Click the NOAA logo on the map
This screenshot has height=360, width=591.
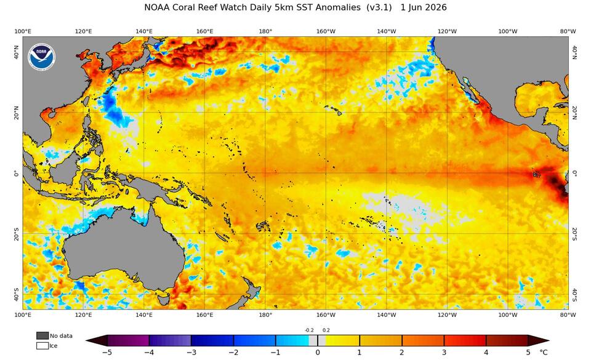coord(42,57)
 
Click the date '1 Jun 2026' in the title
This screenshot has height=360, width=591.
coord(424,7)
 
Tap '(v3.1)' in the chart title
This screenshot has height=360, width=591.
coord(379,7)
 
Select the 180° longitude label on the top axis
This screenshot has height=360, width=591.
coord(265,31)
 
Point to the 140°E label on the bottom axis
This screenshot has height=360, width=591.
coord(144,315)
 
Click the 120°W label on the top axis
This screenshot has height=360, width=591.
coord(447,31)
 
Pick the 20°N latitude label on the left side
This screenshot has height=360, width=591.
coord(16,112)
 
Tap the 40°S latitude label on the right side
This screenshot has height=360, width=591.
coord(574,295)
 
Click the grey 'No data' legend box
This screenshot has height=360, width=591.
coord(42,335)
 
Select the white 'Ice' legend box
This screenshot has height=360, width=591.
coord(42,345)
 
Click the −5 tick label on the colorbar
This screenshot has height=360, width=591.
coord(107,353)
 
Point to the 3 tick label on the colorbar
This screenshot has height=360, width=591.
coord(444,353)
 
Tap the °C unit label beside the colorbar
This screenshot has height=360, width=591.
coord(544,353)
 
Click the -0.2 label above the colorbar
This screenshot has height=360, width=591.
coord(309,330)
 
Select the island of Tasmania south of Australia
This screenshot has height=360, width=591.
coord(163,300)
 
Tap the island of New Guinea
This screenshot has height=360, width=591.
coord(151,188)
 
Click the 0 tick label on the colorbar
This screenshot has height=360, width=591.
coord(318,353)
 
